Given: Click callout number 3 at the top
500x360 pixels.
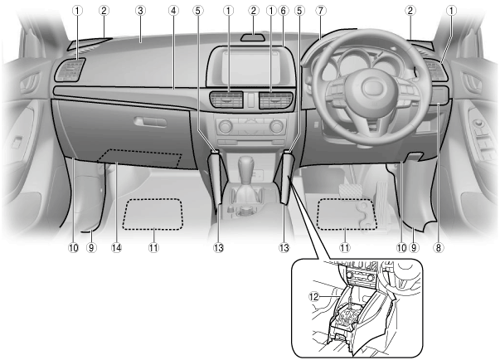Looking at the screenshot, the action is [x=141, y=11].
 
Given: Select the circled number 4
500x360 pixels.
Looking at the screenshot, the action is [x=173, y=11].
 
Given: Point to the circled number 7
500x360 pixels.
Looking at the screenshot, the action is [x=320, y=11].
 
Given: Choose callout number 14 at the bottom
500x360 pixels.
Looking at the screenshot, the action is [x=116, y=247].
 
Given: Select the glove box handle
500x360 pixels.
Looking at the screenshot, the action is [x=149, y=121].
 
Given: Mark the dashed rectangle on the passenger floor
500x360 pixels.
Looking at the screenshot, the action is [x=153, y=215].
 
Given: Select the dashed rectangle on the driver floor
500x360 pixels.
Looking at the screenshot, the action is [x=347, y=215].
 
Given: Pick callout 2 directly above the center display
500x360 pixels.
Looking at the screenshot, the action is [x=250, y=11].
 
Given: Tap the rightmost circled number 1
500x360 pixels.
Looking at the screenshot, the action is [x=449, y=11].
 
